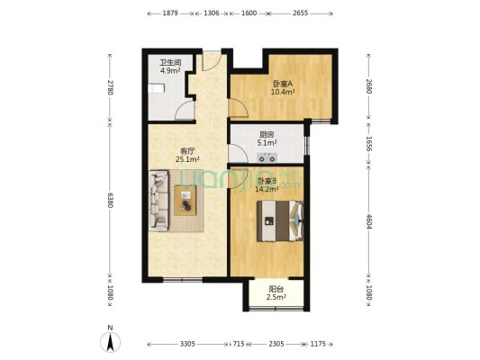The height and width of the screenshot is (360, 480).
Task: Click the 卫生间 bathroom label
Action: tap(171, 62)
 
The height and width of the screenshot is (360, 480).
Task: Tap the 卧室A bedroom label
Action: tap(283, 84)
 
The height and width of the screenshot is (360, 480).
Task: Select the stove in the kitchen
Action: tap(267, 155)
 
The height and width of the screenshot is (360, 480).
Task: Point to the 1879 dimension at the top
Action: tap(171, 13)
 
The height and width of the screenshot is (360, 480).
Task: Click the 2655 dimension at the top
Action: tap(301, 13)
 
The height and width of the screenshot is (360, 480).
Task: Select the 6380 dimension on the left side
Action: tap(110, 200)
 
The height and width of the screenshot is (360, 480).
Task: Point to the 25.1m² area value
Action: tap(188, 160)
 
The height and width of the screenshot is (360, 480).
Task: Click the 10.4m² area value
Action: tap(283, 92)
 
